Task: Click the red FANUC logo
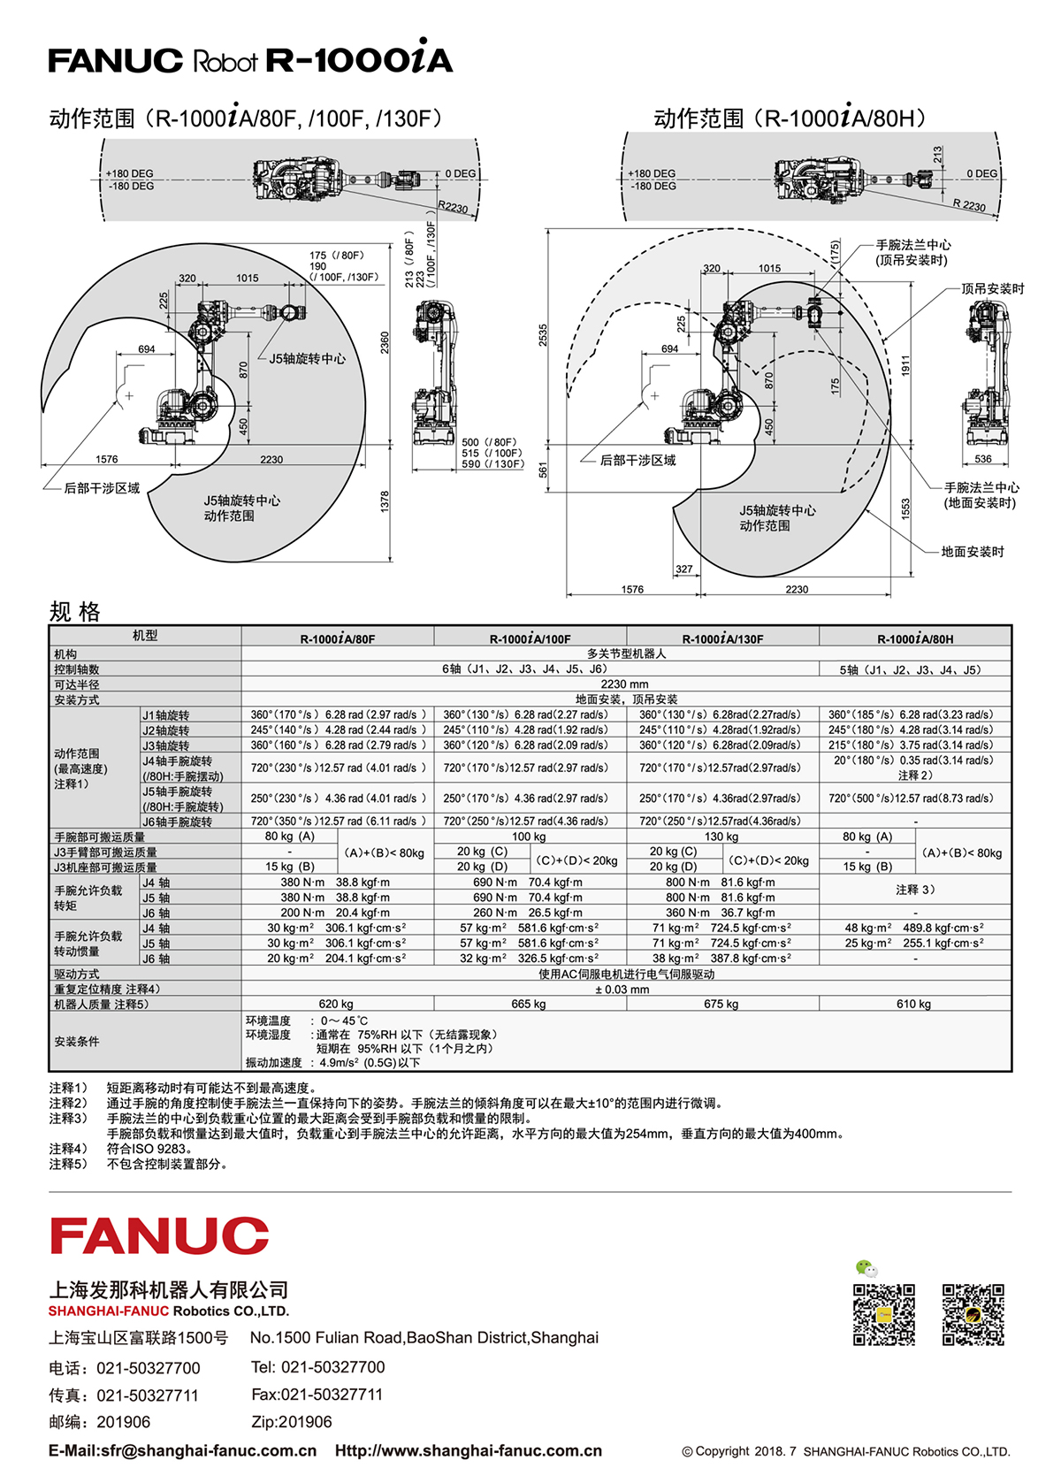(159, 1235)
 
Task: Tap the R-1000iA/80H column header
(915, 638)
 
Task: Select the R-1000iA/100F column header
(530, 638)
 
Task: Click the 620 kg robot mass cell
(336, 1004)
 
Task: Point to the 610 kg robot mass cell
(913, 1004)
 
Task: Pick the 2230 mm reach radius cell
(624, 684)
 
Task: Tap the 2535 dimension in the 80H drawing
(543, 335)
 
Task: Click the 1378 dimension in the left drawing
(385, 501)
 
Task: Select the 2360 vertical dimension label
(385, 342)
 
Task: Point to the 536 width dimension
(983, 459)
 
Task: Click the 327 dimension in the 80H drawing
(683, 569)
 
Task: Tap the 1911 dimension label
(905, 366)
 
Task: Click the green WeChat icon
(866, 1268)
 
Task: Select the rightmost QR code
(973, 1315)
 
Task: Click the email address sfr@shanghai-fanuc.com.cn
(209, 1450)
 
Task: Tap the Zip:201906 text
(291, 1421)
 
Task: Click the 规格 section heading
(75, 611)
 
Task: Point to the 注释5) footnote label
(68, 1164)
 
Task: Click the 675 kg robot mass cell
(721, 1004)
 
